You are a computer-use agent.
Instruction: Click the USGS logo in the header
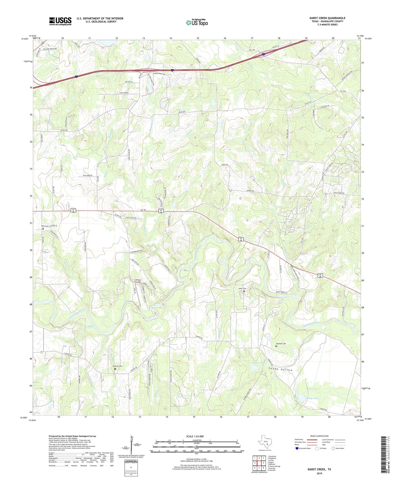(60, 21)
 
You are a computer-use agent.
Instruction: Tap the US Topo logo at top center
(197, 23)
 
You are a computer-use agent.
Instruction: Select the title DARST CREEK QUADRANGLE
(327, 18)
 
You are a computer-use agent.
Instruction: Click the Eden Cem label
(45, 226)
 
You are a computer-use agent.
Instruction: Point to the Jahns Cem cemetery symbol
(244, 291)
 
